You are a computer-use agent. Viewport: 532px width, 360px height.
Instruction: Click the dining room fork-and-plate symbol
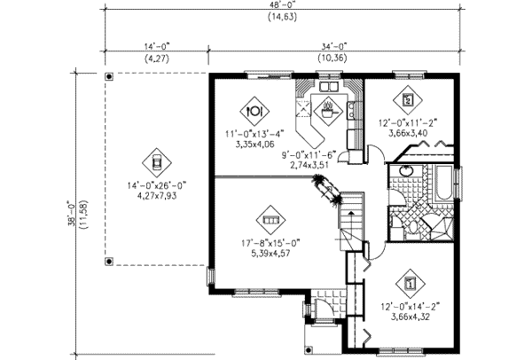pos(254,112)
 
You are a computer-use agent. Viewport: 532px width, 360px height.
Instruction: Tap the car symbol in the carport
pos(156,162)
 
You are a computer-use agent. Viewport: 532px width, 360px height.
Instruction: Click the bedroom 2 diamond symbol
pos(408,100)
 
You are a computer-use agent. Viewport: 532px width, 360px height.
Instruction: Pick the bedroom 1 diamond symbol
pos(411,284)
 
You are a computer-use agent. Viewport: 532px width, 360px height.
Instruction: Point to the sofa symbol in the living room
pos(270,220)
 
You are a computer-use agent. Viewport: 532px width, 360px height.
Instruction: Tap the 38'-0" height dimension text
pos(71,214)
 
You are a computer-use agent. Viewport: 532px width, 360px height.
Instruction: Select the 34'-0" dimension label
pos(334,46)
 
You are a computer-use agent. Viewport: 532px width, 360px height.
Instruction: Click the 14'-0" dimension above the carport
pos(157,46)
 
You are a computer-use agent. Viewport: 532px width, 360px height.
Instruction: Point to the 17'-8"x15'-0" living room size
pos(270,243)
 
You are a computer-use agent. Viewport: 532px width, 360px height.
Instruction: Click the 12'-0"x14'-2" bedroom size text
pos(411,307)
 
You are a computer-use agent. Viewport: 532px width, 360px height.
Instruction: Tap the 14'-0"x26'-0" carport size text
pos(157,186)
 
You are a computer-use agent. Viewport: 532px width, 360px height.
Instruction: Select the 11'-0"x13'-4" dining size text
pos(254,134)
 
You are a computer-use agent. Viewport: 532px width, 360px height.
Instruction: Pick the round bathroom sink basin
pos(405,170)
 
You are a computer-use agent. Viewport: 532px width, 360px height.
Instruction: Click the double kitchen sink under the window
pos(329,86)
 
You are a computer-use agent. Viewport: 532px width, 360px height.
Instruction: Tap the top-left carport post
pos(109,76)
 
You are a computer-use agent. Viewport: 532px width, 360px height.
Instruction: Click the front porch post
pos(308,349)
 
